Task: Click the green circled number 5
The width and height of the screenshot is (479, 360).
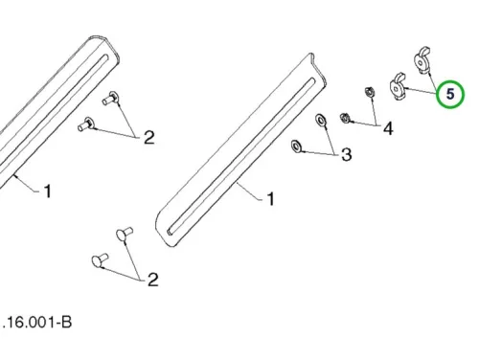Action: pos(450,94)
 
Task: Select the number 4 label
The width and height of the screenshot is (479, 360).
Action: pos(388,128)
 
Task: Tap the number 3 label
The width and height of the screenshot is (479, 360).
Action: pos(347,154)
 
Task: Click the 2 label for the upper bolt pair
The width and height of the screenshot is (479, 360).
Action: pos(149,138)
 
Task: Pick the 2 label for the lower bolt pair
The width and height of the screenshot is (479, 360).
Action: pos(152,280)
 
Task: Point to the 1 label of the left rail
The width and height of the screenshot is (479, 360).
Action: pos(48,191)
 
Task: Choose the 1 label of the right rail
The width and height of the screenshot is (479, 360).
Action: pos(270,199)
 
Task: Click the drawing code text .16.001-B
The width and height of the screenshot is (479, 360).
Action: pos(36,322)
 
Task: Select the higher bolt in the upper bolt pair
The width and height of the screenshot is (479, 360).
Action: pos(110,98)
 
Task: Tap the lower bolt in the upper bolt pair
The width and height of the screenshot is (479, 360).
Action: pos(86,124)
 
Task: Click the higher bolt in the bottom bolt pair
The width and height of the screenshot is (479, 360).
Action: pos(125,235)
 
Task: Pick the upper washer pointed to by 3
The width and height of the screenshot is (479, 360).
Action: pos(320,120)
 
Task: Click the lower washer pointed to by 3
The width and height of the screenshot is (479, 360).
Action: pos(296,146)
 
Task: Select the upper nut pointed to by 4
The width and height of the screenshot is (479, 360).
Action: pos(370,92)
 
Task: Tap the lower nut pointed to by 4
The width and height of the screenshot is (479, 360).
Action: pos(345,118)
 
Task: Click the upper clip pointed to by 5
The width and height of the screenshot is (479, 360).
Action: pos(422,60)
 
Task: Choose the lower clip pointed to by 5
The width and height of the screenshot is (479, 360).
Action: pos(397,86)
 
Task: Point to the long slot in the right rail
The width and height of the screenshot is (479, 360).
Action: pos(240,157)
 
